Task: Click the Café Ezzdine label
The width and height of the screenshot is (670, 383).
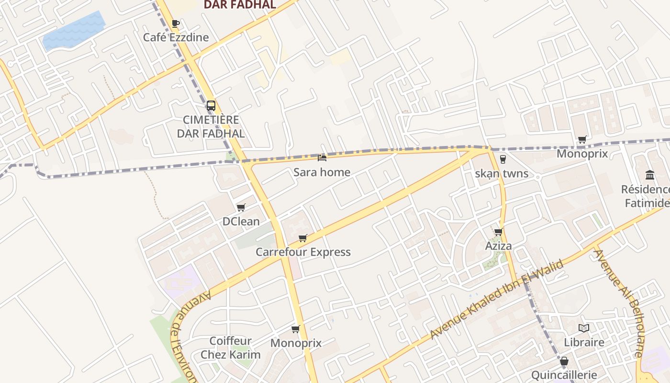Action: point(176,37)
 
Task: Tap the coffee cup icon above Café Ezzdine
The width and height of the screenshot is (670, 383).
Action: point(176,23)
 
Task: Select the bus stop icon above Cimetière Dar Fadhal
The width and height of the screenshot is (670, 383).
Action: point(211,106)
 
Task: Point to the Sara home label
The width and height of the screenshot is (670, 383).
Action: point(322,172)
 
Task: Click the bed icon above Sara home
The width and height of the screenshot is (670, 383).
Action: point(322,158)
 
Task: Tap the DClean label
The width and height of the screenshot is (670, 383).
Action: point(241,222)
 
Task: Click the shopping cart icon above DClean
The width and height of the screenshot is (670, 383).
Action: point(241,207)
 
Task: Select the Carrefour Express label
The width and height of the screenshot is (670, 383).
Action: point(303,252)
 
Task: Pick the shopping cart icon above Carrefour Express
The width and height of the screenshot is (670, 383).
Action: point(303,238)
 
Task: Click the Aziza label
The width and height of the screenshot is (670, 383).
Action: point(499,246)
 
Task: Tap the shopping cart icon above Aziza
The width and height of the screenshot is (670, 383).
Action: point(498,232)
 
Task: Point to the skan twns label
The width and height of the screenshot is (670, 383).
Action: point(502,174)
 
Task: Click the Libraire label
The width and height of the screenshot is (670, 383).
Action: point(584,342)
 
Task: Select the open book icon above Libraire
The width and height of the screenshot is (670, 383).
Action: point(583,328)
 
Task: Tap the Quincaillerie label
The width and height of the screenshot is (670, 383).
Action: point(564,375)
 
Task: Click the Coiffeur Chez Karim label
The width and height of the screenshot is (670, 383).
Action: point(231,348)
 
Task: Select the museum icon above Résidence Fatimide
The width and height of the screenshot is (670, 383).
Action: point(650,174)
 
